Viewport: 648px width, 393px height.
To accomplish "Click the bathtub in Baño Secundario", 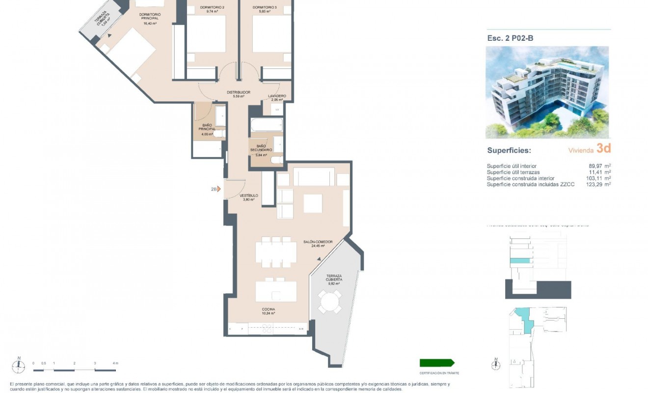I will click(x=267, y=124).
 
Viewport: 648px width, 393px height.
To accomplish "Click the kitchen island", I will click(x=276, y=291).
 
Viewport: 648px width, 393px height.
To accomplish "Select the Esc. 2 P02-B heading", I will click(x=510, y=38).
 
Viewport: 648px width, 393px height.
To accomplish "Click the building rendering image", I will click(x=547, y=92).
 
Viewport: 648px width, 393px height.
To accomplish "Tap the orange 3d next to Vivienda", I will click(x=603, y=149).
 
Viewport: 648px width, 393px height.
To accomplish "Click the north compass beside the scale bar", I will click(x=19, y=365).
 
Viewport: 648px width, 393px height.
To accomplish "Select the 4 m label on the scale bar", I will click(x=115, y=363).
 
